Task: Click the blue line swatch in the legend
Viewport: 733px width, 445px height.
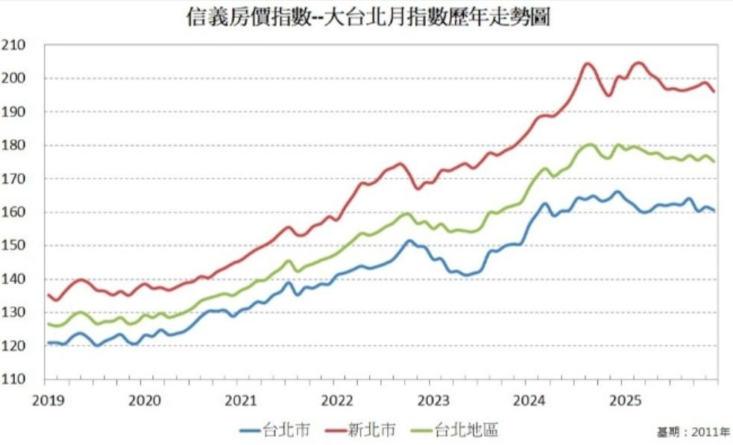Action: point(251,429)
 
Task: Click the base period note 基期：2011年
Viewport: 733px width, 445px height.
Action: point(692,432)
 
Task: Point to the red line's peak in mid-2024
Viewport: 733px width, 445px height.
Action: point(588,64)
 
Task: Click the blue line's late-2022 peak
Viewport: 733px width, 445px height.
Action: point(409,241)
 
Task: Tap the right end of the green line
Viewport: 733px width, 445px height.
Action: point(714,161)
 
